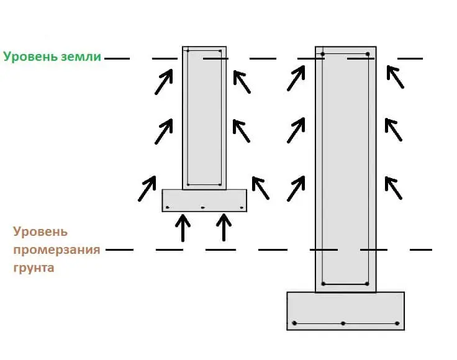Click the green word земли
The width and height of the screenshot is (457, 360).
(x=80, y=57)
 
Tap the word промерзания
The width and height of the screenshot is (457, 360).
(x=57, y=250)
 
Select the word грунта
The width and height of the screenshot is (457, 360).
(x=33, y=268)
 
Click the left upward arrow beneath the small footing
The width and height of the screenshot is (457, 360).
(x=183, y=228)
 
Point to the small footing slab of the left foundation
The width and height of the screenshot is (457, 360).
(x=204, y=200)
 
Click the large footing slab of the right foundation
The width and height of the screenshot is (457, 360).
(x=345, y=310)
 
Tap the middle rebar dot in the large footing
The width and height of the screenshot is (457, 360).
(x=343, y=323)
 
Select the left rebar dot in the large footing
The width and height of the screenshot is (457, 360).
(x=295, y=323)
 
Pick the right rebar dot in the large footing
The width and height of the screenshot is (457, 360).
(x=397, y=323)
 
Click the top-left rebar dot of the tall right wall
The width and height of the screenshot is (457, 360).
(x=323, y=55)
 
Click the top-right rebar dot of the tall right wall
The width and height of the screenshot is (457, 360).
(x=368, y=55)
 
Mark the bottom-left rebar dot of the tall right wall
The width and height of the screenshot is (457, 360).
(x=323, y=284)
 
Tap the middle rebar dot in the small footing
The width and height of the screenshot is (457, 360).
(x=202, y=207)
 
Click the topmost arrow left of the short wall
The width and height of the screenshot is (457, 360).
(x=163, y=82)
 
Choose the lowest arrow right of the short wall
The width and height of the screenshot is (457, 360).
(x=260, y=188)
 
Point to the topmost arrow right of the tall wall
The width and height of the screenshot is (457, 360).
(x=394, y=76)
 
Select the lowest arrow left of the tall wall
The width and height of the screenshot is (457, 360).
(x=296, y=188)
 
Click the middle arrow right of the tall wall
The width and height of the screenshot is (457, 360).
(x=393, y=130)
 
